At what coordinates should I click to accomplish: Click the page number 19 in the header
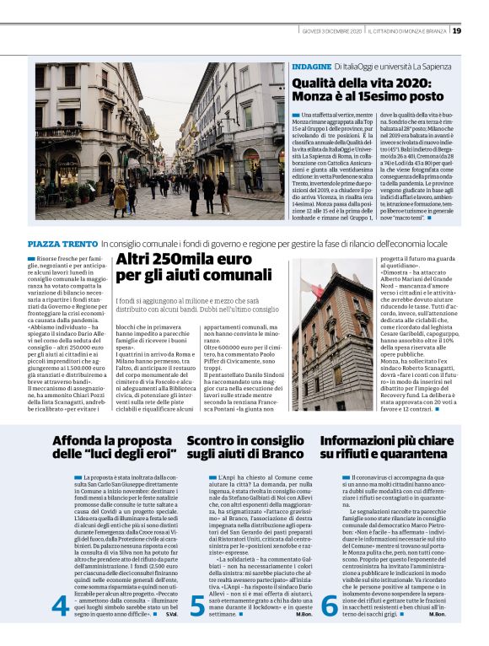point(457,31)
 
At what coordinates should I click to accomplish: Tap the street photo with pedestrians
point(160,141)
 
